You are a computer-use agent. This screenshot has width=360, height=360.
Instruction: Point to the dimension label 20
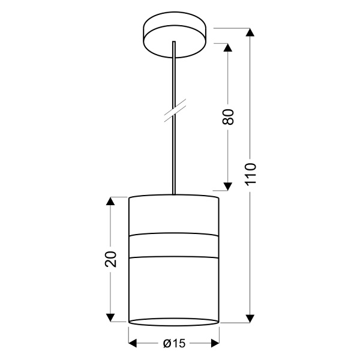(x=110, y=259)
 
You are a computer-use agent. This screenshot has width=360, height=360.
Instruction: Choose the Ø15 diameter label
(x=174, y=344)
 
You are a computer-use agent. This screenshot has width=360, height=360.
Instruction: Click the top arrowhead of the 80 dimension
(x=228, y=47)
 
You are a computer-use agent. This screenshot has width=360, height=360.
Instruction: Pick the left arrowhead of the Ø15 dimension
(x=134, y=344)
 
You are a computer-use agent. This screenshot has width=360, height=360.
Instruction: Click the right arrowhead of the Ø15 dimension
(x=215, y=344)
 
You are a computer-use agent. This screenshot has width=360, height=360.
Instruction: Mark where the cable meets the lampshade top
(x=174, y=194)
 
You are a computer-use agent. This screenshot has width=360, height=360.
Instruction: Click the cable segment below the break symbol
(x=174, y=156)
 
